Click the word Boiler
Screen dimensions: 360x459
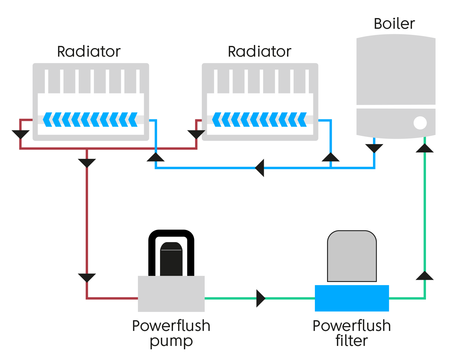pos(394,24)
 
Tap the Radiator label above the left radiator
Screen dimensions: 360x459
pos(89,51)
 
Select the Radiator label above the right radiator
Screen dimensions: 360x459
pos(259,51)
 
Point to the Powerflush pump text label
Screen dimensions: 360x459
pos(171,333)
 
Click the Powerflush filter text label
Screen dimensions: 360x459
pos(352,333)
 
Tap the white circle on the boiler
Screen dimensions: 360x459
pos(420,123)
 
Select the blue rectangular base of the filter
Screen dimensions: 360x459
pos(352,298)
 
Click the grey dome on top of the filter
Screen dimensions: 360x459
pos(352,256)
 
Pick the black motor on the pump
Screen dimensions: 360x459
pos(171,259)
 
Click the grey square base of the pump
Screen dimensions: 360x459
pos(171,294)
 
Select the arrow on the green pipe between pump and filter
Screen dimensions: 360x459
pos(260,298)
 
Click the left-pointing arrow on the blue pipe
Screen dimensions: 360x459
pos(260,168)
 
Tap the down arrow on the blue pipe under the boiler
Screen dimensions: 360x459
pos(374,148)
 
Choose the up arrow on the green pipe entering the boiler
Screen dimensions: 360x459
pos(424,148)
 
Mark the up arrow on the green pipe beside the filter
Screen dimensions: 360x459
pos(424,276)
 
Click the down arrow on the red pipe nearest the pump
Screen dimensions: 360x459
pos(87,277)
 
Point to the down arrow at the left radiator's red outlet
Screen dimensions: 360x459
pos(21,134)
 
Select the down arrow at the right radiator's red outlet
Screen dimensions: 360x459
pos(196,134)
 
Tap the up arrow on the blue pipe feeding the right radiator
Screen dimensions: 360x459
pos(330,157)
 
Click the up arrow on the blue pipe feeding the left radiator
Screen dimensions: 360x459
pos(156,157)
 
